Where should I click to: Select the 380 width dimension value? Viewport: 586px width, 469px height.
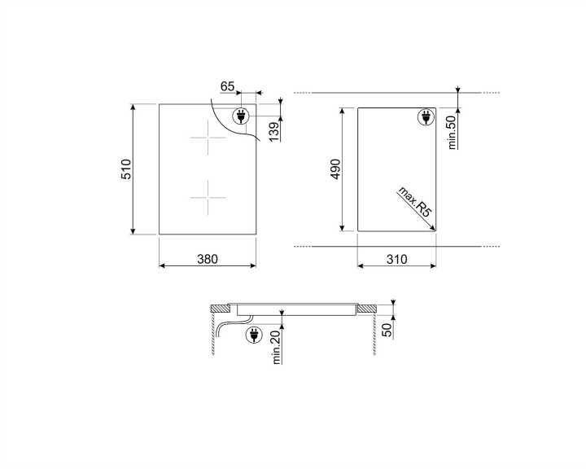(x=208, y=259)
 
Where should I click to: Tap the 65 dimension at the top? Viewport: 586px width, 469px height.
(x=227, y=85)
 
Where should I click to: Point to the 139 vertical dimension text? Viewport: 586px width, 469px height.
(x=273, y=129)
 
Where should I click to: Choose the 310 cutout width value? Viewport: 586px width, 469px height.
(x=396, y=259)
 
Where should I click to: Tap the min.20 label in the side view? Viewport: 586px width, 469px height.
(x=276, y=348)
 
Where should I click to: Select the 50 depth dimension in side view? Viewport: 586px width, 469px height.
(x=387, y=327)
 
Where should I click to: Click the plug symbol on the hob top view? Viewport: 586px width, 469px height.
(x=242, y=116)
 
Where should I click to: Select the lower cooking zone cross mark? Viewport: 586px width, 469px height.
(x=208, y=198)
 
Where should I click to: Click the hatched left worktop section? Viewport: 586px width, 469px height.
(x=219, y=309)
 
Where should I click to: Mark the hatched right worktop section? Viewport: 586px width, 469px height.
(x=365, y=309)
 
